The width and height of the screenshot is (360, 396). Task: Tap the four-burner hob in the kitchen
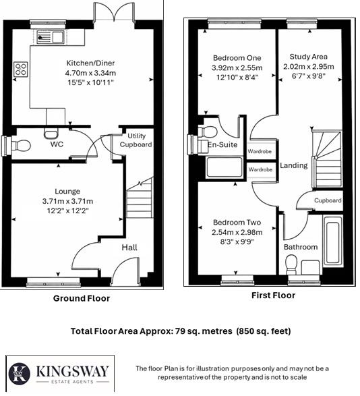coord(21,69)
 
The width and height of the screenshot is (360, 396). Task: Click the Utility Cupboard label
coord(136,140)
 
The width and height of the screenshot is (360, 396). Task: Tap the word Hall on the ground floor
coord(129,248)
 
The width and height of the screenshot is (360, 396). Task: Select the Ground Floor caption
coord(82,298)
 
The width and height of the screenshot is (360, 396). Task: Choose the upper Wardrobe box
coord(260,152)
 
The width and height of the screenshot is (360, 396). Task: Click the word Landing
coord(293,165)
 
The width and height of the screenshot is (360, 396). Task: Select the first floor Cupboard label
coord(328,200)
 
